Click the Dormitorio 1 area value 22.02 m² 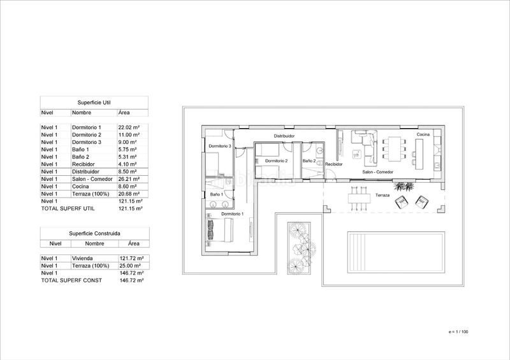(x=129, y=127)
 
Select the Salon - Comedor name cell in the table (x=92, y=179)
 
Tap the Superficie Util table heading (x=94, y=103)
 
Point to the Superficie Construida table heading (x=94, y=233)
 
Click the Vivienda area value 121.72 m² (x=132, y=258)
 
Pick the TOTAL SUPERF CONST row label (x=71, y=280)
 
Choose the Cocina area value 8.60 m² (x=127, y=187)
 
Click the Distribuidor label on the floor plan (x=284, y=136)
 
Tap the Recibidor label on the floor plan (x=333, y=164)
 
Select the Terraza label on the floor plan (x=382, y=195)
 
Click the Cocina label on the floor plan (x=423, y=134)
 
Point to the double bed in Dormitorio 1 (x=219, y=230)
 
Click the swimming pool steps (x=355, y=252)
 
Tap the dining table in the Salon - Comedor (x=395, y=148)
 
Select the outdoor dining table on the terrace (x=360, y=198)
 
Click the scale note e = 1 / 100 (x=458, y=332)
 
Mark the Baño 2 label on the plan (x=309, y=161)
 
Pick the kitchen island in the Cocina (x=419, y=154)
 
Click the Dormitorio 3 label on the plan (x=220, y=146)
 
